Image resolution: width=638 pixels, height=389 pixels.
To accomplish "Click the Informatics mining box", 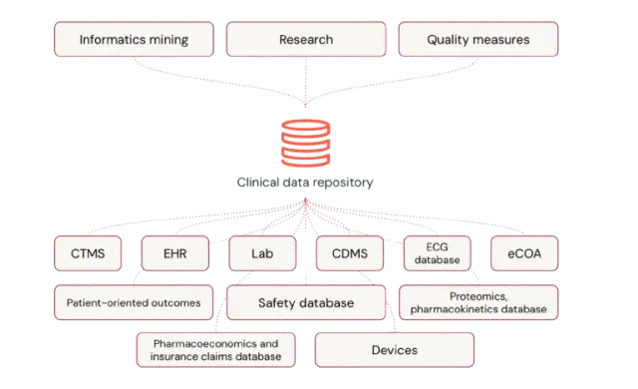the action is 134,39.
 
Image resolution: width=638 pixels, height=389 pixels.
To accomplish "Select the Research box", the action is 306,39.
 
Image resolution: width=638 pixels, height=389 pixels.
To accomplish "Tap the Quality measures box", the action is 478,39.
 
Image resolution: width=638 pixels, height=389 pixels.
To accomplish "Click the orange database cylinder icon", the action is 306,143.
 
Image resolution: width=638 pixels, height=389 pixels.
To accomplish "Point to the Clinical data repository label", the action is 305,183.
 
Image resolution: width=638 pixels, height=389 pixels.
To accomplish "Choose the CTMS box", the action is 88,253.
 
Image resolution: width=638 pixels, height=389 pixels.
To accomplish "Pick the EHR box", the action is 175,253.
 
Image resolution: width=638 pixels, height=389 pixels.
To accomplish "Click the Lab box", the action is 262,253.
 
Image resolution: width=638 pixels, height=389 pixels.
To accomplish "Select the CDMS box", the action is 350,253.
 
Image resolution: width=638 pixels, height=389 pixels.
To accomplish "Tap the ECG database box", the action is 437,253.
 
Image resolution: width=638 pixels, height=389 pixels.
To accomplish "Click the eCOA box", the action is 524,253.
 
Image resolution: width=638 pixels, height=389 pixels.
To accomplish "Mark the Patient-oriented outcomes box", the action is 134,302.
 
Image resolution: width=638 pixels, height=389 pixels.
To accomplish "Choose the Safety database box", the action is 306,302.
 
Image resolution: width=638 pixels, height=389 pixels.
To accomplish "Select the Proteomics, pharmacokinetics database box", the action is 478,302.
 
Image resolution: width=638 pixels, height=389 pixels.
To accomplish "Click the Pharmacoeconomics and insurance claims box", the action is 215,350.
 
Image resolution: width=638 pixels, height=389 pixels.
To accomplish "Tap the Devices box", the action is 395,350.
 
